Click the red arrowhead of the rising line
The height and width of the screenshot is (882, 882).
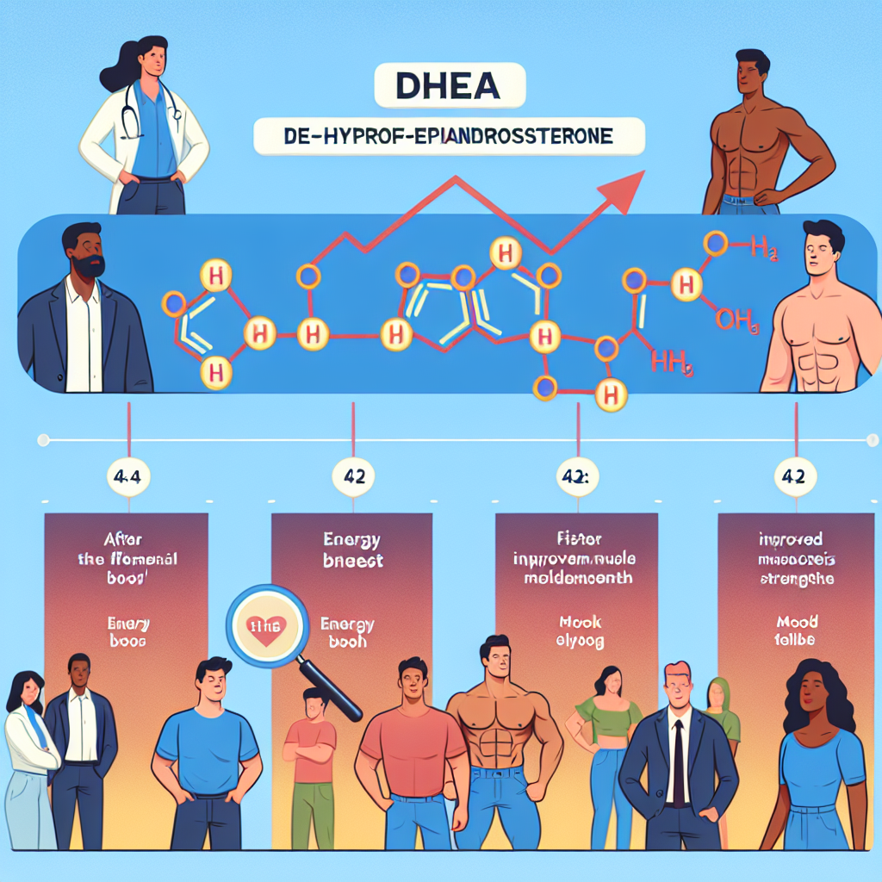pyautogui.click(x=627, y=183)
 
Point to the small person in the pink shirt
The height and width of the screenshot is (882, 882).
pyautogui.click(x=310, y=758)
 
